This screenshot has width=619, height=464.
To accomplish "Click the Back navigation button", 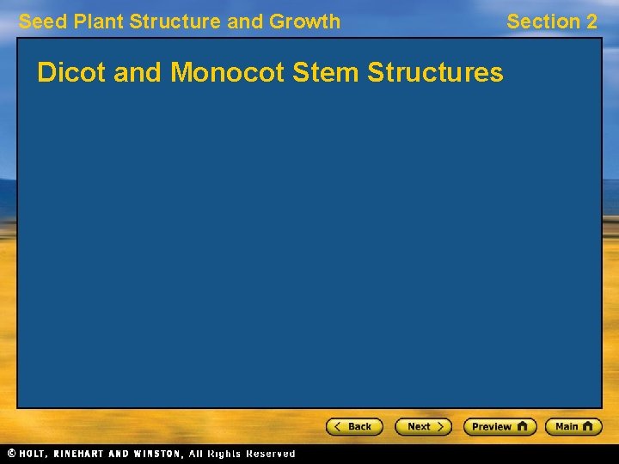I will (x=354, y=426).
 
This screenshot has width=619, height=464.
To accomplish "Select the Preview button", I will (x=499, y=426).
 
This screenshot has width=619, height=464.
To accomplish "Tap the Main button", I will (x=573, y=426).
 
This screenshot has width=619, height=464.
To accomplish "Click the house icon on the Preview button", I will (x=522, y=426).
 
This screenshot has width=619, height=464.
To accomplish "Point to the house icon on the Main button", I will (x=589, y=426).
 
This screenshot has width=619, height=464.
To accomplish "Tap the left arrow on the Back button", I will (x=338, y=426).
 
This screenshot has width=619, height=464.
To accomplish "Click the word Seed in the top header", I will (x=39, y=21).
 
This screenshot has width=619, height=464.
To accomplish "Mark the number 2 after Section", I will (x=591, y=21).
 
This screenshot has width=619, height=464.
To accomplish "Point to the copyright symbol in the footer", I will (x=11, y=454).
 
